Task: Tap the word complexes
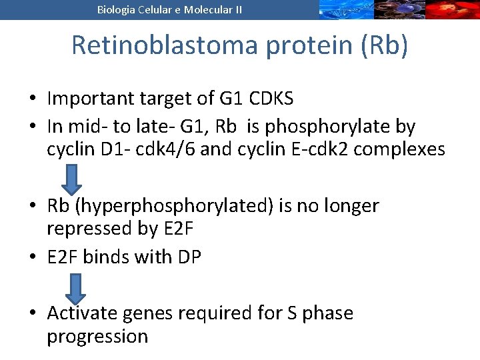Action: [399, 149]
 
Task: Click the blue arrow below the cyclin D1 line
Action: [73, 179]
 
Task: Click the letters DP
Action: [188, 257]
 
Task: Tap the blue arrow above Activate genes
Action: [75, 288]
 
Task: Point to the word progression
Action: [97, 336]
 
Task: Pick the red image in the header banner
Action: [453, 9]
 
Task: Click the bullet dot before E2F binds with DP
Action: [32, 257]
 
